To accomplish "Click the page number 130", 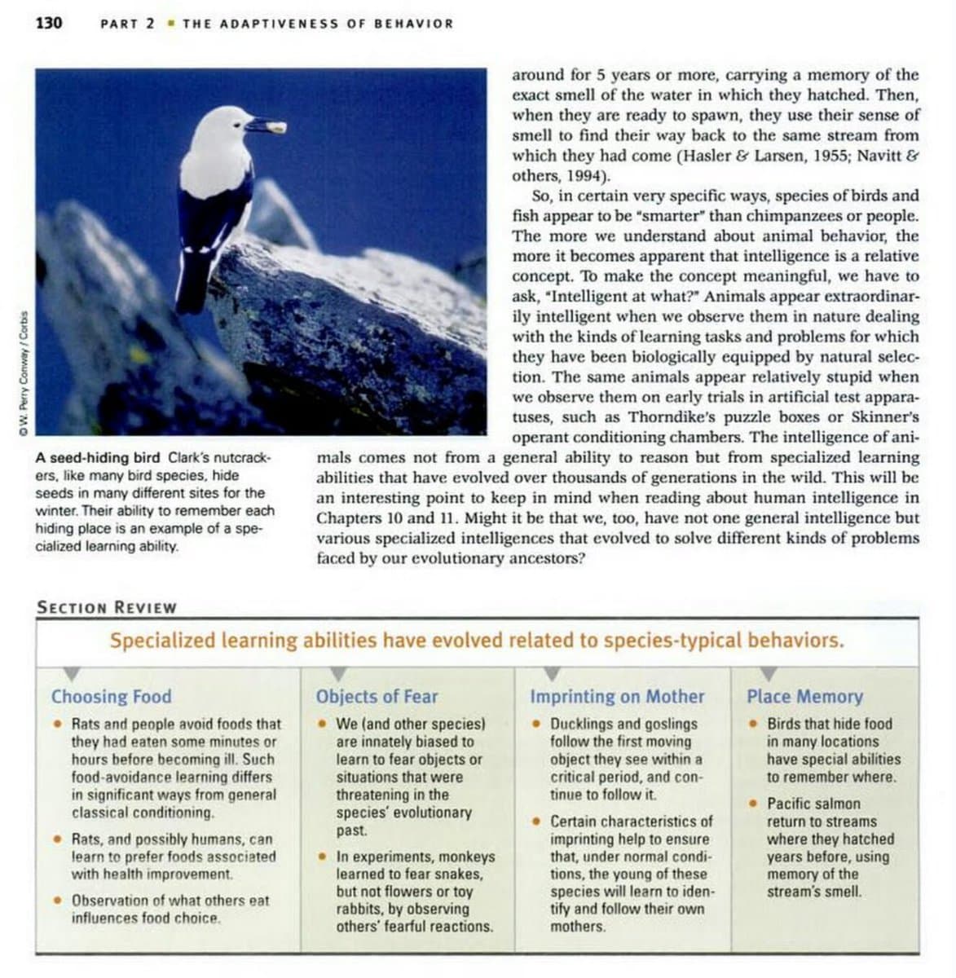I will point(49,23).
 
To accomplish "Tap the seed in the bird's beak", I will point(277,127).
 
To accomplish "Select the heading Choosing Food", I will point(112,697).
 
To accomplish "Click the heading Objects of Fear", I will point(377,697).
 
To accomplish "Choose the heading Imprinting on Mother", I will point(617,697).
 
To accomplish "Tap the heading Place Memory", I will point(804,697).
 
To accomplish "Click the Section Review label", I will point(107,608).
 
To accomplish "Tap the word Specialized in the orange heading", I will point(162,641).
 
